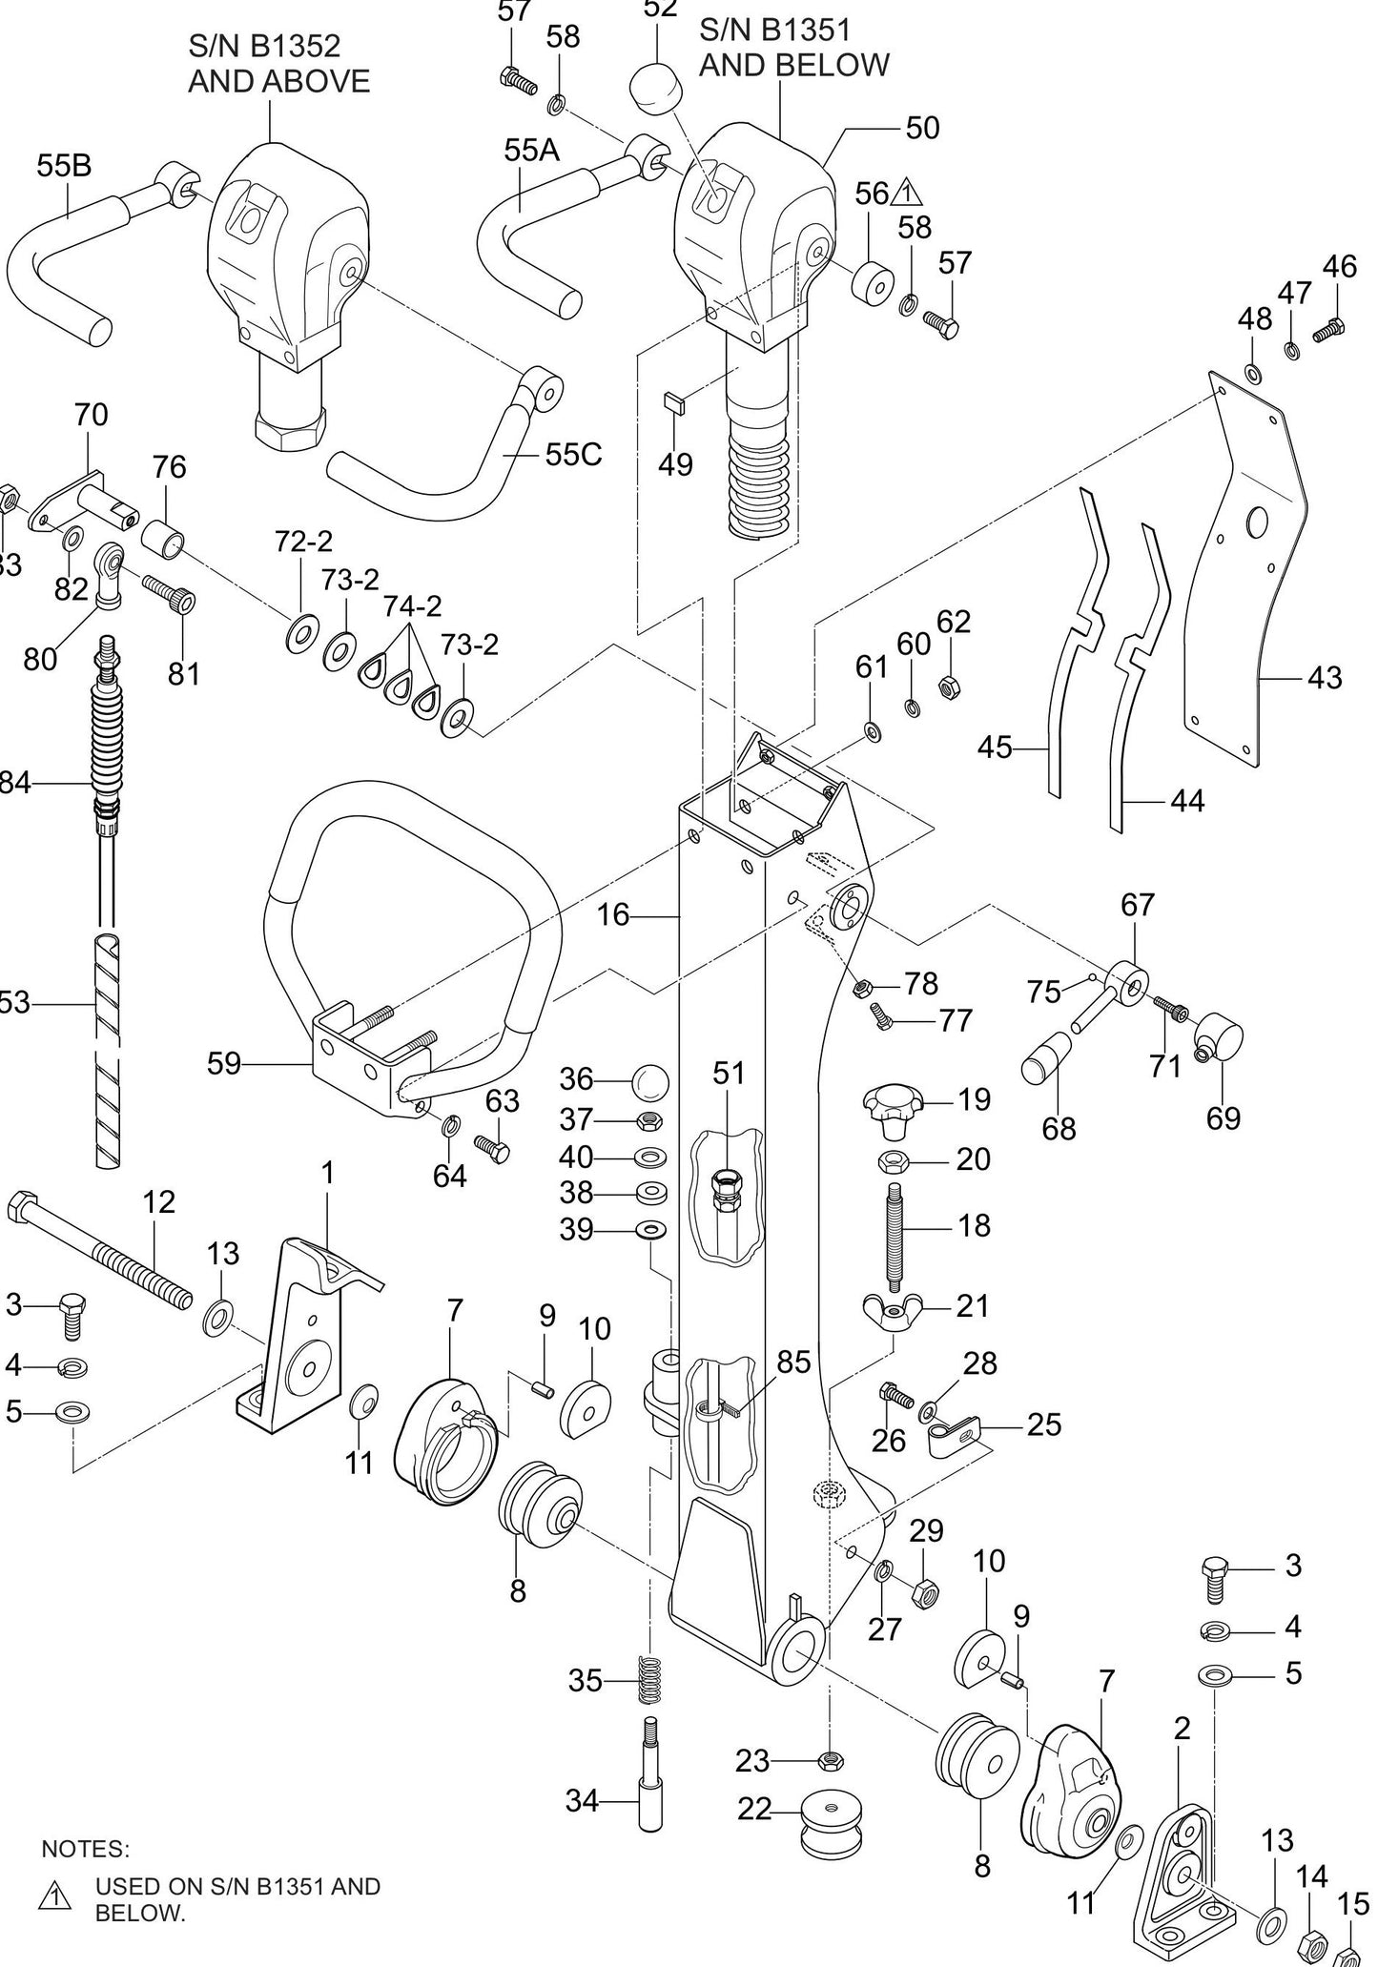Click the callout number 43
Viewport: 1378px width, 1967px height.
point(1325,678)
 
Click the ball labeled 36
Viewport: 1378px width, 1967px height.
point(650,1081)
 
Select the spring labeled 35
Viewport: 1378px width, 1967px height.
point(650,1681)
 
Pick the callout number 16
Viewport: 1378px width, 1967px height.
point(613,915)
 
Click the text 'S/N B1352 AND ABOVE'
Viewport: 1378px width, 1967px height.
point(278,63)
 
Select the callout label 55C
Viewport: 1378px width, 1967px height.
point(574,455)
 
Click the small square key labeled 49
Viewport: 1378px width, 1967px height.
point(672,400)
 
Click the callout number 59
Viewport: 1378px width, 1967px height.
point(225,1063)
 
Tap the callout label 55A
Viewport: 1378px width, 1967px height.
point(532,151)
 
